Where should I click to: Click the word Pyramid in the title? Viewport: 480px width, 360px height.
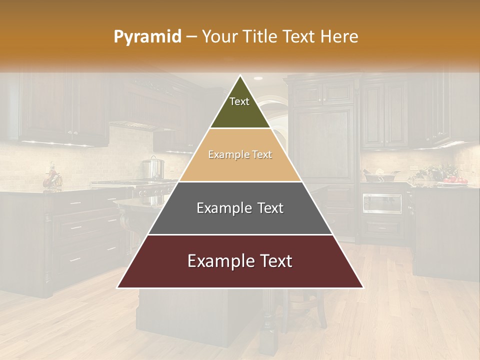(147, 37)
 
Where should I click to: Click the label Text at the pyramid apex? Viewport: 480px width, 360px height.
(239, 101)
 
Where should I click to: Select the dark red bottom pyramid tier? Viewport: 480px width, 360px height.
(240, 275)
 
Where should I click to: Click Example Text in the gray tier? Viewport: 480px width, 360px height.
(240, 208)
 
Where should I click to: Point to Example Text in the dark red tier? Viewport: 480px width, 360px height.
(240, 261)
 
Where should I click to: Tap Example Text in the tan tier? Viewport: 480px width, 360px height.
(240, 154)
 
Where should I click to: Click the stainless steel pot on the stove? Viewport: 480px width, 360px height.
(153, 168)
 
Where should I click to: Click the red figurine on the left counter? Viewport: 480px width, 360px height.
(51, 177)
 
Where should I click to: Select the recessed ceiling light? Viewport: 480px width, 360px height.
(258, 78)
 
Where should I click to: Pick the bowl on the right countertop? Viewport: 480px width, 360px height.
(381, 175)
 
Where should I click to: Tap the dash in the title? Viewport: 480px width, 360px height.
(191, 37)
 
